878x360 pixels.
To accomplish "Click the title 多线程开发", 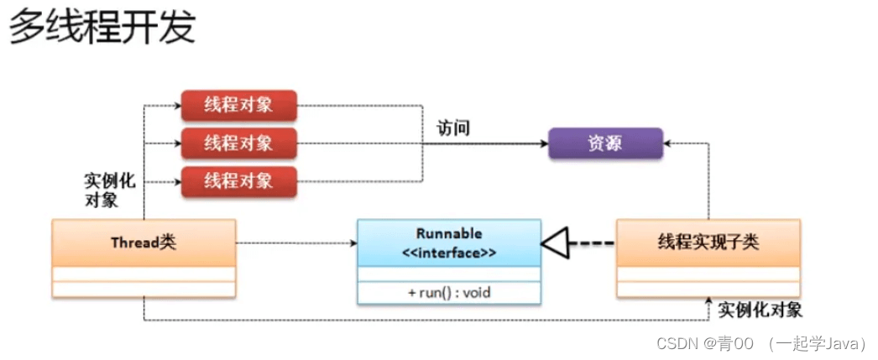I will point(102,28).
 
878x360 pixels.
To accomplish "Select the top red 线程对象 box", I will point(238,106).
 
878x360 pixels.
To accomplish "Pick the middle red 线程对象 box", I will point(238,143).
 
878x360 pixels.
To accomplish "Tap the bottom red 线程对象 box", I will point(238,181).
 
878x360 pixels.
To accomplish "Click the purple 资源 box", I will point(605,143).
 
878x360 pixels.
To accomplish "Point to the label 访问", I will point(453,128).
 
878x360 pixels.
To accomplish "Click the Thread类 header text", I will point(144,243).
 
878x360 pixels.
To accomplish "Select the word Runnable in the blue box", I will point(449,233).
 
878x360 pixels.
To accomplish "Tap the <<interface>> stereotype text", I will point(449,251).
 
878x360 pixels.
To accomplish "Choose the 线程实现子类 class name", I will point(708,243).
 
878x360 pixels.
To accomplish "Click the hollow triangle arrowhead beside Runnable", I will point(553,243).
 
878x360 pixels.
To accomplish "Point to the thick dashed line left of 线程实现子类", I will point(591,243).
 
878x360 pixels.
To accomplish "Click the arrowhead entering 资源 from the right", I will point(668,144).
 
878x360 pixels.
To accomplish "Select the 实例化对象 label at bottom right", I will point(760,310).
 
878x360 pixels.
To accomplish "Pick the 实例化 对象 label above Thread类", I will point(109,190).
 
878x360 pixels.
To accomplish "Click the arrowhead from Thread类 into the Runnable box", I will point(353,243).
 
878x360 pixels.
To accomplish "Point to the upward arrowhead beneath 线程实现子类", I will point(708,303).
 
